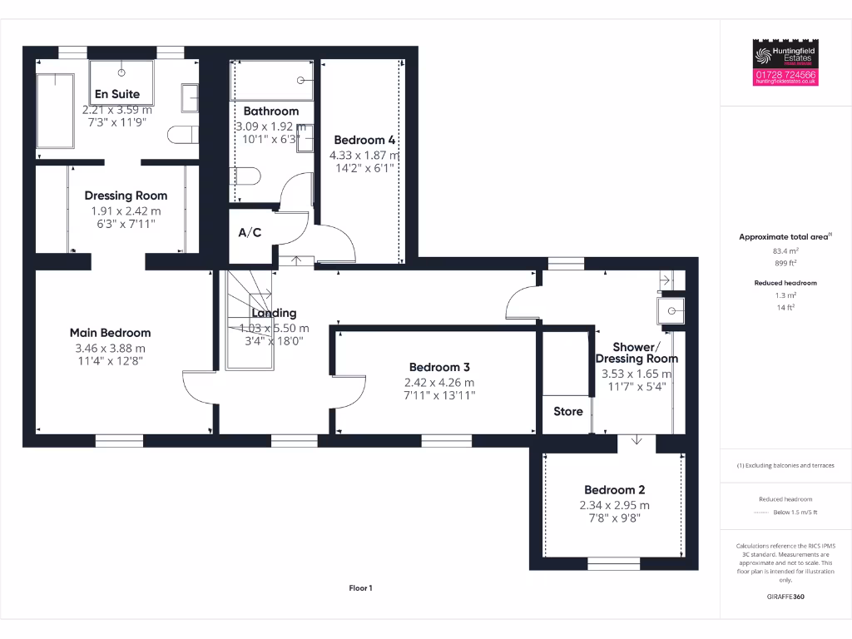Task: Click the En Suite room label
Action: (116, 94)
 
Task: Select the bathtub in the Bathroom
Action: (271, 80)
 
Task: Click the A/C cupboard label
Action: (250, 232)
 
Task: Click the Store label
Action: (567, 411)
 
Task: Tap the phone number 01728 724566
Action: (786, 75)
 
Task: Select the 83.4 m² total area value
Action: (786, 250)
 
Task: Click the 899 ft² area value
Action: (786, 262)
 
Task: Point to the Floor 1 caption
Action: (360, 588)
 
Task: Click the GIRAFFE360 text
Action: (786, 597)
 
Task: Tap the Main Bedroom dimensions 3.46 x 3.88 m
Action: (110, 348)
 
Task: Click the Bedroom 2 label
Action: (614, 490)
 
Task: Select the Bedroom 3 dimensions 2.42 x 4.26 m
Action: (439, 383)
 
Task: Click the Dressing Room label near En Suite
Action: (126, 196)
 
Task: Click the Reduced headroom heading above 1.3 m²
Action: (786, 283)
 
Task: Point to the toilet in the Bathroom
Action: (248, 176)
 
